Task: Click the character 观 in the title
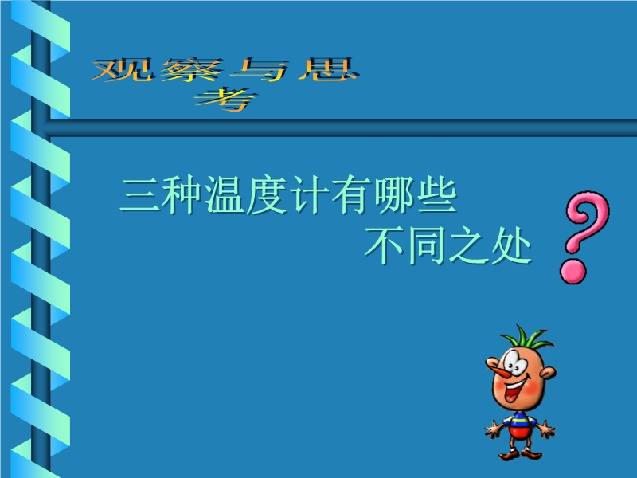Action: click(123, 69)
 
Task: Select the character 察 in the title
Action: click(191, 70)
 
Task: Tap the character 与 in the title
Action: click(260, 70)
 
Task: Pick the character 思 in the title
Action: click(328, 69)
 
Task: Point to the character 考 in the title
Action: click(225, 99)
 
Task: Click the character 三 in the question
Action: click(141, 195)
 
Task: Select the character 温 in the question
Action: click(225, 195)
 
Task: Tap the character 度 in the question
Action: click(268, 195)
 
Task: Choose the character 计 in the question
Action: click(310, 195)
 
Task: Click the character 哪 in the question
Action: click(394, 195)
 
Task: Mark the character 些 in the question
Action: click(436, 195)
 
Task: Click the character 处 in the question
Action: click(511, 246)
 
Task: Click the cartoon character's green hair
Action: click(526, 338)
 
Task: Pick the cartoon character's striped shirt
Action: click(520, 420)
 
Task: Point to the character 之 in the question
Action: click(468, 245)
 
